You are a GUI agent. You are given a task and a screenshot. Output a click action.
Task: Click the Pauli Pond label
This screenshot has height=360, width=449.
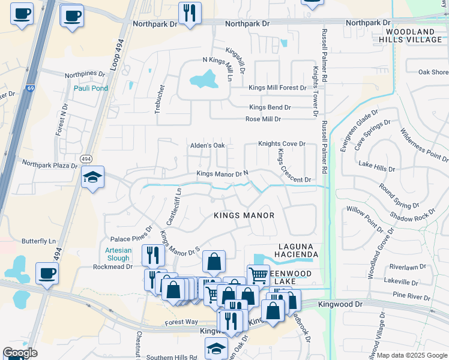pyautogui.click(x=91, y=88)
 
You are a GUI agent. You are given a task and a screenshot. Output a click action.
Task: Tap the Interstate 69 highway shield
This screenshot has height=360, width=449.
pyautogui.click(x=29, y=89)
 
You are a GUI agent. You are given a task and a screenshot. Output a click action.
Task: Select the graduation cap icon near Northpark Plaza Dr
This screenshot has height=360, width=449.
pyautogui.click(x=92, y=177)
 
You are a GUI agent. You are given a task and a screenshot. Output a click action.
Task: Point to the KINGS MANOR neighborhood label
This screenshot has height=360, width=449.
pyautogui.click(x=244, y=215)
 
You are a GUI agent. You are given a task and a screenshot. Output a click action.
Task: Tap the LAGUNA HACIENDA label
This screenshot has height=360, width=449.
pyautogui.click(x=298, y=250)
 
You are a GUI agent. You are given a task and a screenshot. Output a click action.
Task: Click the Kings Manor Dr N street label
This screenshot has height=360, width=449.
pyautogui.click(x=223, y=174)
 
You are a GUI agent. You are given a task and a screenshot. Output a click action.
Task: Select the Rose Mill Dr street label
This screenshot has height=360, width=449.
pyautogui.click(x=263, y=119)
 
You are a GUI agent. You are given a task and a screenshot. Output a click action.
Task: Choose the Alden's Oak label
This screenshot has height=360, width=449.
pyautogui.click(x=207, y=145)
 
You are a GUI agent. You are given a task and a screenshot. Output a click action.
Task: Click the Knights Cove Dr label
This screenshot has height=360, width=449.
pyautogui.click(x=282, y=144)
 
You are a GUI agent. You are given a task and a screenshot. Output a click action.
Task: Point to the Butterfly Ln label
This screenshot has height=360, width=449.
pyautogui.click(x=38, y=241)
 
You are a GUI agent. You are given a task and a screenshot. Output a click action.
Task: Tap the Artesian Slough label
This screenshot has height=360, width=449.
pyautogui.click(x=118, y=254)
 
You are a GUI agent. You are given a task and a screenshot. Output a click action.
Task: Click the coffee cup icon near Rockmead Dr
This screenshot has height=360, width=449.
pyautogui.click(x=47, y=274)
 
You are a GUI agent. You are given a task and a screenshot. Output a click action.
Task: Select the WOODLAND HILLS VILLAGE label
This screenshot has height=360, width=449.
pyautogui.click(x=414, y=35)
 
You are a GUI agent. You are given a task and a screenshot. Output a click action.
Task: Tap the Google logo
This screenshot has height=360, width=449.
pyautogui.click(x=20, y=353)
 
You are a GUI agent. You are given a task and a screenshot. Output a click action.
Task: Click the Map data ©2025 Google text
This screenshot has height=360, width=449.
pyautogui.click(x=411, y=355)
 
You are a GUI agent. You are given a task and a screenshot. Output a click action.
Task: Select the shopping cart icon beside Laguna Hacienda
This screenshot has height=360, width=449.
pyautogui.click(x=258, y=275)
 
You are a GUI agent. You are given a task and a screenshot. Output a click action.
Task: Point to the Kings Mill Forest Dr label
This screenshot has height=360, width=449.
pyautogui.click(x=277, y=88)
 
